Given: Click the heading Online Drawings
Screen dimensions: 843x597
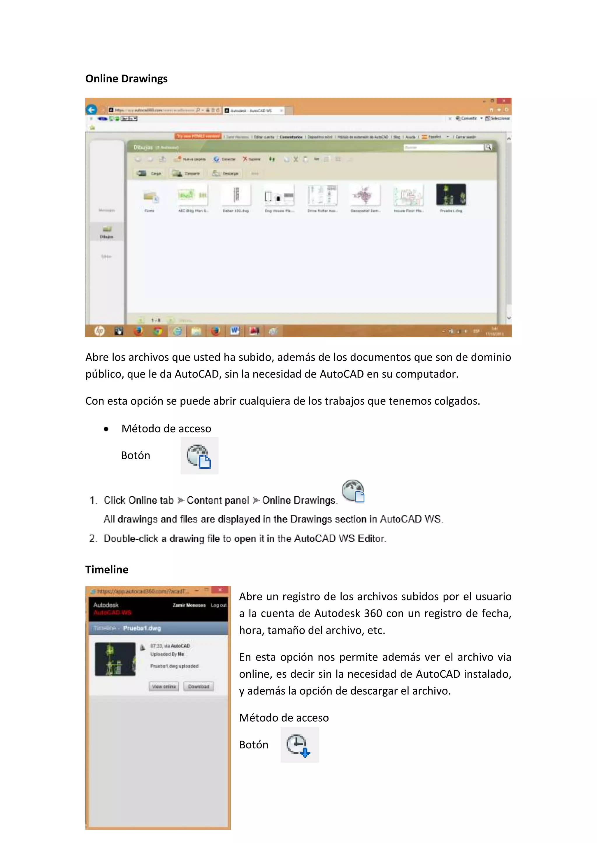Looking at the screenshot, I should [126, 79].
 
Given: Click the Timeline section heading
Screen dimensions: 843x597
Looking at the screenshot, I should [107, 569].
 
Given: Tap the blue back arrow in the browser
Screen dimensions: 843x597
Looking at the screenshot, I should [92, 109].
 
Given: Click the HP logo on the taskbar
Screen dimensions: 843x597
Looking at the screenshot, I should [99, 331].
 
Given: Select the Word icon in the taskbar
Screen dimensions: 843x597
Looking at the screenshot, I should [235, 331].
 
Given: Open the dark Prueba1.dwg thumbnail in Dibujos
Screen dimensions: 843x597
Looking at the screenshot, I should [451, 195].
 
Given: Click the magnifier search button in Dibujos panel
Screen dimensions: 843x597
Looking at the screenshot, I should [488, 147].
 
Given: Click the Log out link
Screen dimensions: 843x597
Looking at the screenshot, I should [218, 605].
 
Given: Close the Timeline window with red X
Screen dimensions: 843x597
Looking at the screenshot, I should [220, 590].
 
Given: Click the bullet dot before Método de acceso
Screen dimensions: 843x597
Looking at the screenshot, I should [106, 429].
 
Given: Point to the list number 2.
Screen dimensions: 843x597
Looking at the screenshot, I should [93, 539].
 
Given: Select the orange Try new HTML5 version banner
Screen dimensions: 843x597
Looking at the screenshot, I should [198, 136].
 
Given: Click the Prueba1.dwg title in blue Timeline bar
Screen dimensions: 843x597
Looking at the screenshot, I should [142, 628].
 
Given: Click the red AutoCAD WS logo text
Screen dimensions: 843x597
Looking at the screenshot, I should [112, 612].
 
